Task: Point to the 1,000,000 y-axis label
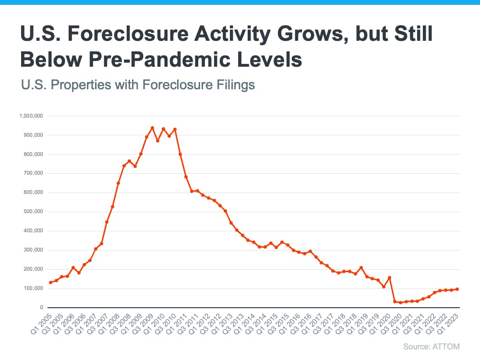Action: click(x=32, y=116)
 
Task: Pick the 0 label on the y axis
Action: click(x=42, y=307)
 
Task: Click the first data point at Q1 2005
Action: click(x=50, y=282)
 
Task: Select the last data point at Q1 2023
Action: click(x=457, y=289)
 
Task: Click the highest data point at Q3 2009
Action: click(x=152, y=128)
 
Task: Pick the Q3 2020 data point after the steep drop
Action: click(x=395, y=301)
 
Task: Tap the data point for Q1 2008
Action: click(x=118, y=183)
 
